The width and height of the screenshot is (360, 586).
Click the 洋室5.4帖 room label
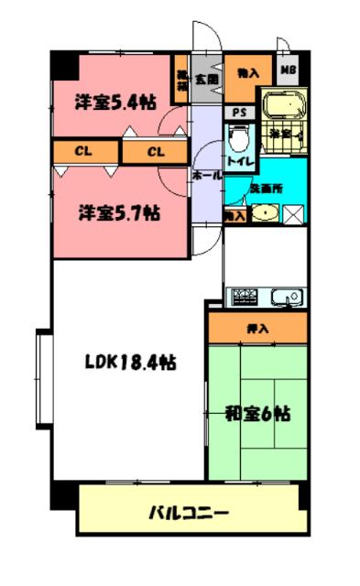coord(114,103)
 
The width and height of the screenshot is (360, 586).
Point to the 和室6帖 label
coord(257,413)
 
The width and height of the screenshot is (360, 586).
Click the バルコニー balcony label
coord(189,512)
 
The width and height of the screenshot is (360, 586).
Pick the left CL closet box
coord(83,151)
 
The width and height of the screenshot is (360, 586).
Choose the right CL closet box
coord(156,151)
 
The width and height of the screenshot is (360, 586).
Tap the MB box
coord(288,71)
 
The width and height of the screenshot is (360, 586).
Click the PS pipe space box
coord(240,113)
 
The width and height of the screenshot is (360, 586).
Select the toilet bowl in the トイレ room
coord(237,138)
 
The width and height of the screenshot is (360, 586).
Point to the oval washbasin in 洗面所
coord(265,214)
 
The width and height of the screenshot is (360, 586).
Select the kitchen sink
coord(286,297)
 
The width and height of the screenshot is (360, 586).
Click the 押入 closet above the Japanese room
coord(256,327)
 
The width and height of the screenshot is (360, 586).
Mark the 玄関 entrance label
coord(207,80)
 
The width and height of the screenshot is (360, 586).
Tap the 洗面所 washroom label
coord(266,187)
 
